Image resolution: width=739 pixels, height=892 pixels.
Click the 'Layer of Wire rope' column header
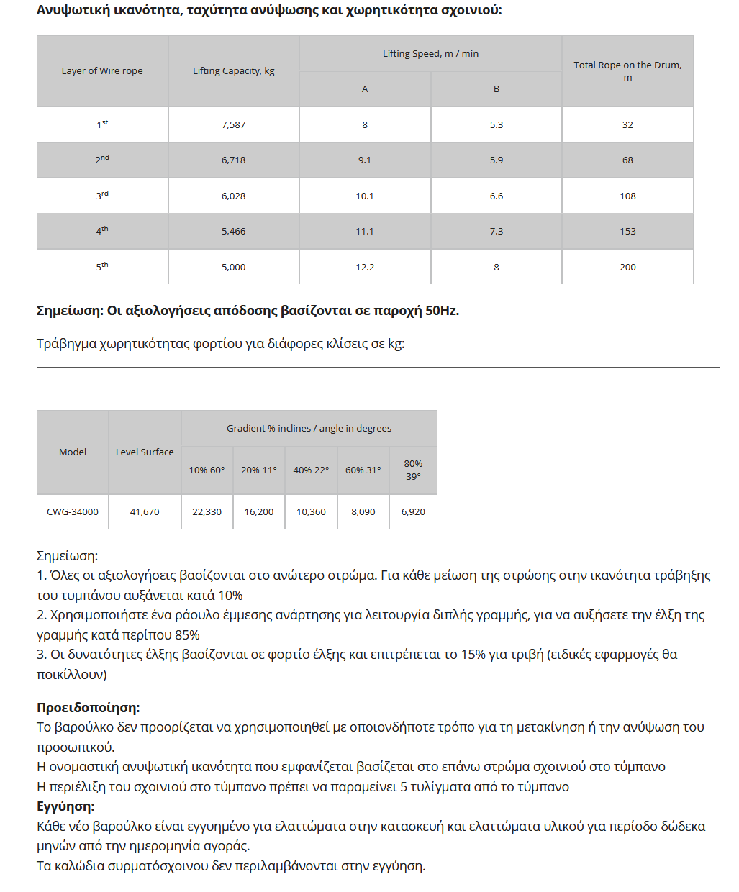[x=102, y=70]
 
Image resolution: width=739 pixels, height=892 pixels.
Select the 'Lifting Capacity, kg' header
[x=234, y=70]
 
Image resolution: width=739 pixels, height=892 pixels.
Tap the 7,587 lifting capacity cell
[x=234, y=124]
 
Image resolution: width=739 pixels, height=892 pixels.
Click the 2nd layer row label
[x=102, y=160]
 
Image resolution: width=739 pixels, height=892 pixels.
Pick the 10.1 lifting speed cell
[x=365, y=196]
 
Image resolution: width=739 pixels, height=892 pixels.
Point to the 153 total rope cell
[x=627, y=231]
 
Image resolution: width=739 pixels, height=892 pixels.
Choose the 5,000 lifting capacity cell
[x=234, y=267]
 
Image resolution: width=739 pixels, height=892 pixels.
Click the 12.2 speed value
[x=365, y=267]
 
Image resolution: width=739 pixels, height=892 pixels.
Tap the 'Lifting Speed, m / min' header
[x=430, y=53]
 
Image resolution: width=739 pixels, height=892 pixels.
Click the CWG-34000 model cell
[x=73, y=511]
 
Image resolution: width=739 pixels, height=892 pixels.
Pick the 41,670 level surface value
[x=145, y=511]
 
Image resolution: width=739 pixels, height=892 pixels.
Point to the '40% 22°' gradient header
[x=311, y=470]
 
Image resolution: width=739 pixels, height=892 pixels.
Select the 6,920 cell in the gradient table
[x=413, y=511]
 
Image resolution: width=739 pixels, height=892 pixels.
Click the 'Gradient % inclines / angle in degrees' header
[x=309, y=428]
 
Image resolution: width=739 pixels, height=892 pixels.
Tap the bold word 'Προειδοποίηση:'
[x=89, y=707]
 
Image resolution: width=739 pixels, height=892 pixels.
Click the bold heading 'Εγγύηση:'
[x=65, y=806]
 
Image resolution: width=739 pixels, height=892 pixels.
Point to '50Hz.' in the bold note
[x=442, y=311]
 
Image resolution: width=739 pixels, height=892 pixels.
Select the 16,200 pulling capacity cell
[x=259, y=511]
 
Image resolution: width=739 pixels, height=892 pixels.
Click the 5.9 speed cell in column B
[x=497, y=160]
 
